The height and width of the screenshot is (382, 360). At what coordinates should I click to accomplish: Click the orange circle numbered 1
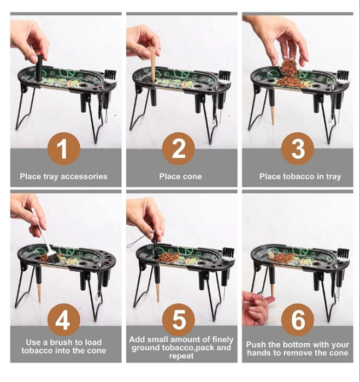64,148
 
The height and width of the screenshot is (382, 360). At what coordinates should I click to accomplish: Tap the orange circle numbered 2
178,148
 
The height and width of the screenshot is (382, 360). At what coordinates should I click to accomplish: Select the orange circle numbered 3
298,148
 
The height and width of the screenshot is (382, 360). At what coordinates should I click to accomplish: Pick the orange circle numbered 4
64,320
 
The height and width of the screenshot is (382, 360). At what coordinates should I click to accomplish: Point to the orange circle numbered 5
178,320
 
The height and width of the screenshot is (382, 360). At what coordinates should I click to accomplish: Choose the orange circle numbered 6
298,320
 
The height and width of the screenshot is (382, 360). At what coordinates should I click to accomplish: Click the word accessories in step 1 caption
84,176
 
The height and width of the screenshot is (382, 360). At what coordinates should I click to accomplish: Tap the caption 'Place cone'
180,176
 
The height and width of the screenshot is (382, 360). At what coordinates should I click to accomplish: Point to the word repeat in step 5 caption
181,356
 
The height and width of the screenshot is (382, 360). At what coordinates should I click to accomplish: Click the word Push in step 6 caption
254,344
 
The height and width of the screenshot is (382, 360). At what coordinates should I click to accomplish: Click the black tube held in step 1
39,68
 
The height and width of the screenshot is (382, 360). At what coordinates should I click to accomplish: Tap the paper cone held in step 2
152,64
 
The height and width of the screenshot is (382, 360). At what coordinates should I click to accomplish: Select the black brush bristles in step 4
53,258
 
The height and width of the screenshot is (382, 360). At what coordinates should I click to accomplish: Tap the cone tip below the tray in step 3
273,116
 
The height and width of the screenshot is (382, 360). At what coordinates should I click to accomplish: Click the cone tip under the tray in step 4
39,293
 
